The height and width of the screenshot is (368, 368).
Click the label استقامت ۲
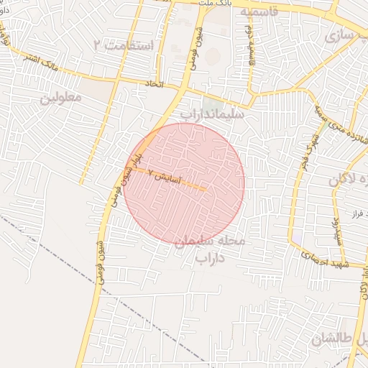124,45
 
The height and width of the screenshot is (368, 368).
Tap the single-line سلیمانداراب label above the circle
212,114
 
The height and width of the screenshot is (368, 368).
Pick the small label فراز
354,213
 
